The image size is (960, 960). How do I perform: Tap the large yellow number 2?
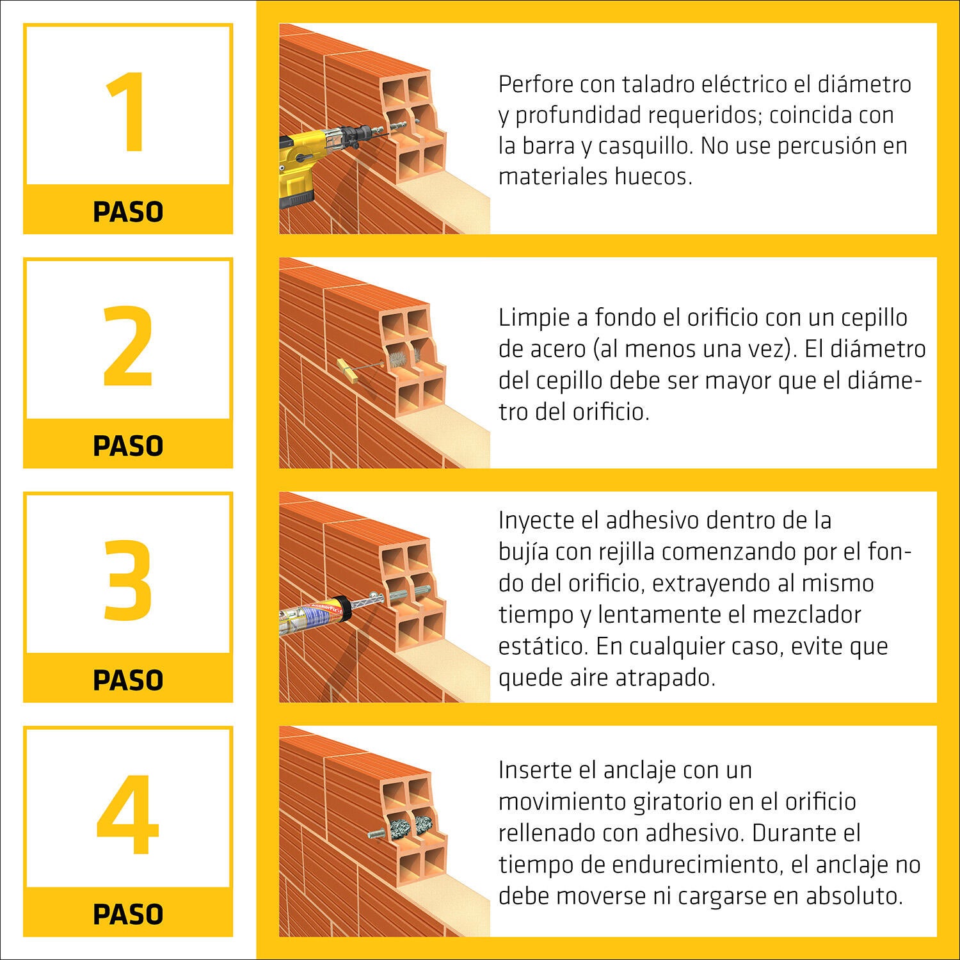tap(128, 346)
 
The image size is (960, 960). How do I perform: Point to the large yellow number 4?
tap(127, 814)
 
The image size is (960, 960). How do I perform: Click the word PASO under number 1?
tap(128, 212)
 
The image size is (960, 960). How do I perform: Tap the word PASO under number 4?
tap(128, 914)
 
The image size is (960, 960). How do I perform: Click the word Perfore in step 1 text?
tap(536, 84)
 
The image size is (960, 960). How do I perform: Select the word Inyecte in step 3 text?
tap(536, 520)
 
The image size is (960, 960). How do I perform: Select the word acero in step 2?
tap(557, 349)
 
